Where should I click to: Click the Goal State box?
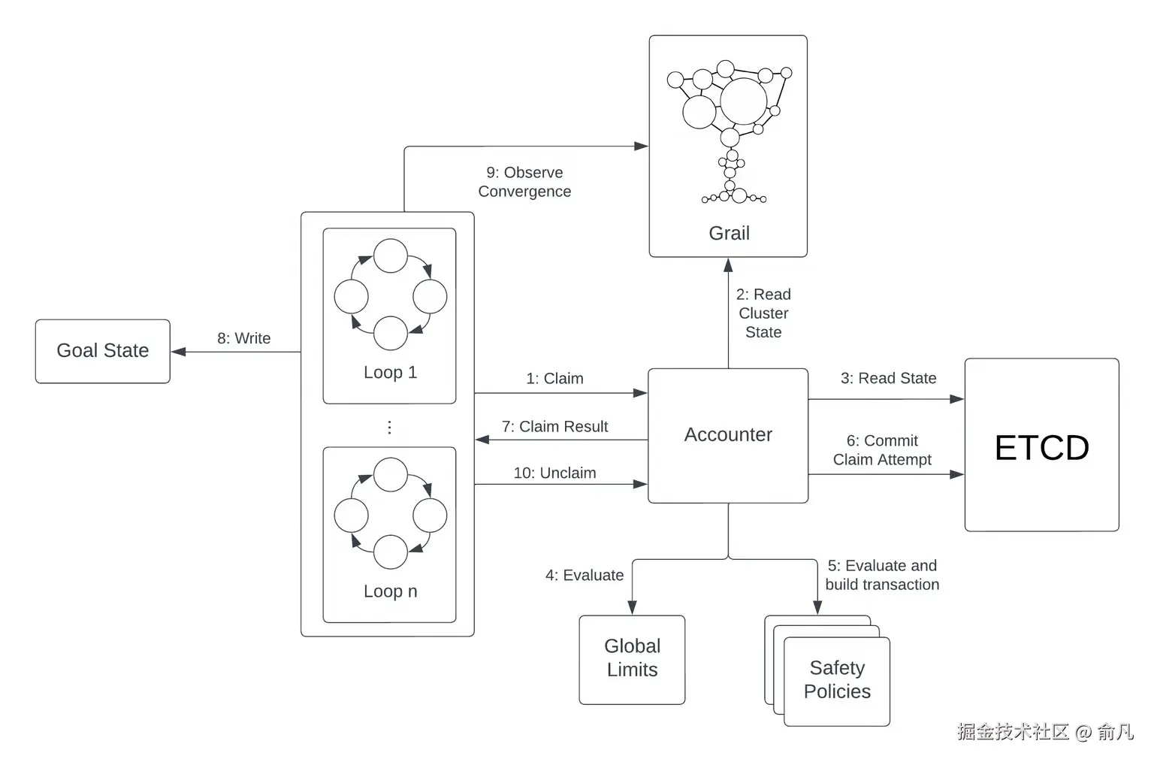[x=102, y=351]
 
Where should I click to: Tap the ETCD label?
[x=1042, y=447]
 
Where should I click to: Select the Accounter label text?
[x=728, y=434]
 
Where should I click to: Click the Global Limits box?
[x=632, y=660]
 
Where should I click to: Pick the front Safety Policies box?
[x=837, y=681]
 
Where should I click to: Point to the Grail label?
[x=729, y=233]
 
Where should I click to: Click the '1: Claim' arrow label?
[x=555, y=378]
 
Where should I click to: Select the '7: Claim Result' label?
[x=555, y=426]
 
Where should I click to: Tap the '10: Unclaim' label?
[x=555, y=473]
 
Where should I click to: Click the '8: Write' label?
[x=243, y=338]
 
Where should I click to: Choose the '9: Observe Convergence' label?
[x=524, y=181]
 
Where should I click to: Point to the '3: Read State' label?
[x=888, y=378]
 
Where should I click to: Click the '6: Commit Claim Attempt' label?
[x=882, y=450]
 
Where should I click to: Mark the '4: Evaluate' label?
[x=585, y=574]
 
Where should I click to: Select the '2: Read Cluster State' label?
[x=763, y=313]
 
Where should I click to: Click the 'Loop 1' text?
[x=390, y=372]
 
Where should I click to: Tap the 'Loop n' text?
[x=390, y=591]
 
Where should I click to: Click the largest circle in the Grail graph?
[x=743, y=101]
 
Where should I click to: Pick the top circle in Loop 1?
[x=391, y=256]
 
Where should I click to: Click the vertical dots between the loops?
[x=389, y=427]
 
